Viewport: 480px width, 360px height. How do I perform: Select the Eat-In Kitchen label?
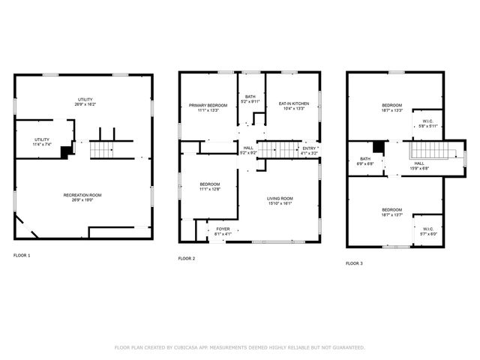[292, 106]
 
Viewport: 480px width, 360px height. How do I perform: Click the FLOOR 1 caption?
[22, 256]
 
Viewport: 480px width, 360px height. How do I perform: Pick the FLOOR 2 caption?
[187, 259]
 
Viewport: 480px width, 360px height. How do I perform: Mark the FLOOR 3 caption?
[354, 263]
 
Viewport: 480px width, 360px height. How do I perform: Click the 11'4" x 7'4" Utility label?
[42, 142]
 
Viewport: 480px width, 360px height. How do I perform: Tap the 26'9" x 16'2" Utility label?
[84, 102]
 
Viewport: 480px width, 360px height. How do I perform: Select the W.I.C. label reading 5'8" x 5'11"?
[427, 124]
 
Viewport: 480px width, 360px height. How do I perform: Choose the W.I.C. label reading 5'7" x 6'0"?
[427, 232]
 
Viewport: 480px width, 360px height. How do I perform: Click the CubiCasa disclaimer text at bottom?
[239, 347]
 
